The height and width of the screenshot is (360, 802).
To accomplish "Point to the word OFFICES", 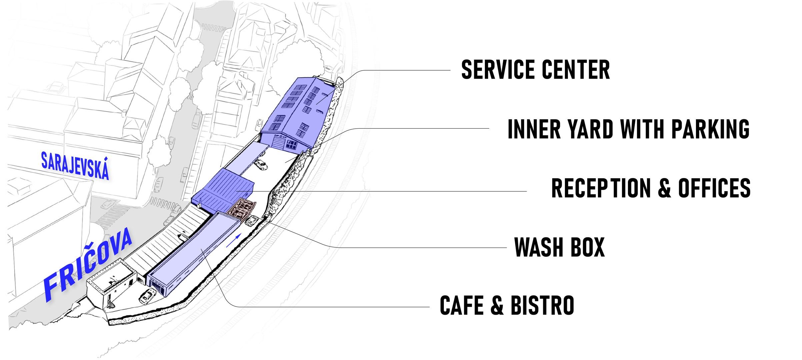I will [x=714, y=188].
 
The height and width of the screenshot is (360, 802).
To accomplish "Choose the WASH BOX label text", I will [x=559, y=247].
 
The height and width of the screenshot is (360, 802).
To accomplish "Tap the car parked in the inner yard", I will [x=261, y=165].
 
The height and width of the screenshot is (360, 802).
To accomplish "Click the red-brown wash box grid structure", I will [x=241, y=208].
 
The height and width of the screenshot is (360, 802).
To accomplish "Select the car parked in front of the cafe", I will [x=148, y=296].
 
